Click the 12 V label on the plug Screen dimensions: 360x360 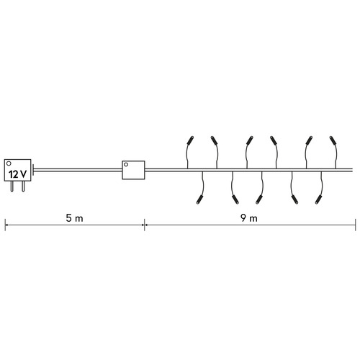[x=17, y=174]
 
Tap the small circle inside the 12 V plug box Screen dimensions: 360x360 [x=9, y=163]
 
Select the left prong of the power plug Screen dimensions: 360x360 [x=12, y=186]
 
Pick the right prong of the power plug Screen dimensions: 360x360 [x=23, y=186]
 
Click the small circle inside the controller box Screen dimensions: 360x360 [x=126, y=164]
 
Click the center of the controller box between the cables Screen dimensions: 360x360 [x=133, y=170]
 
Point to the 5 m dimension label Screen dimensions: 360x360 [x=74, y=218]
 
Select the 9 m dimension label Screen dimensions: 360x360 [x=249, y=218]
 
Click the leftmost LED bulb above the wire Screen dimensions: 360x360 [x=190, y=140]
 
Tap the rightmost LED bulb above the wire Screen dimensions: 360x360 [x=333, y=140]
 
